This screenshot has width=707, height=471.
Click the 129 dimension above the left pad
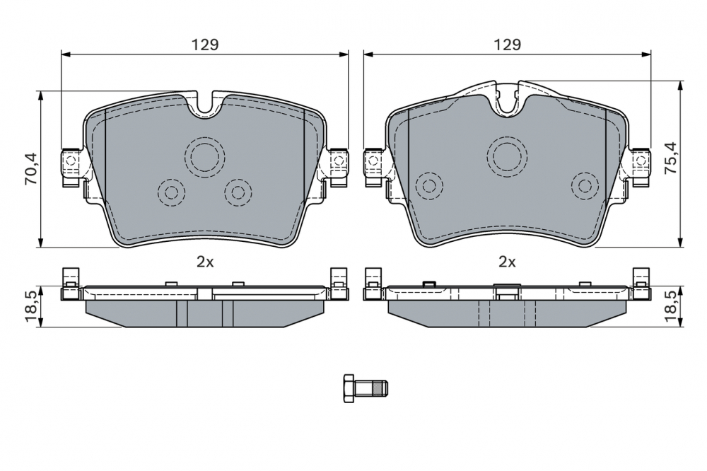(x=205, y=44)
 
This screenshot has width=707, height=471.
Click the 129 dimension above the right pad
(x=507, y=44)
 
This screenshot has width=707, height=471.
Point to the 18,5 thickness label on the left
(x=30, y=306)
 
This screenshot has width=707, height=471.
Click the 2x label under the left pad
(x=205, y=262)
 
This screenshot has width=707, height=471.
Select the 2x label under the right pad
(x=507, y=262)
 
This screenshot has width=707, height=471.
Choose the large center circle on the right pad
(x=507, y=154)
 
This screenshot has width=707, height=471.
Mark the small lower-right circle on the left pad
(x=238, y=191)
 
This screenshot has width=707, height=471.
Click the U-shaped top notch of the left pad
(x=205, y=104)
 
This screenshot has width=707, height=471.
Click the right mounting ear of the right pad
(x=641, y=162)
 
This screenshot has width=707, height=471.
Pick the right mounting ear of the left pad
(x=338, y=162)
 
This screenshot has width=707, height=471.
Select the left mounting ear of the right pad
(x=373, y=162)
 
